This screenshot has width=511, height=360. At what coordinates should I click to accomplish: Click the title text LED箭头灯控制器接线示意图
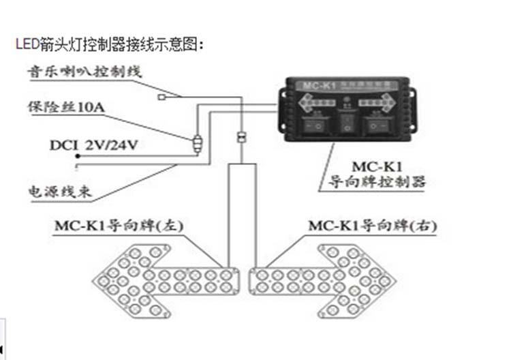(109, 45)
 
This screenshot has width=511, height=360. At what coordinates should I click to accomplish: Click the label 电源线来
(59, 192)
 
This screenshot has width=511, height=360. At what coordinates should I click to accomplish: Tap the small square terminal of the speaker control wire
(161, 97)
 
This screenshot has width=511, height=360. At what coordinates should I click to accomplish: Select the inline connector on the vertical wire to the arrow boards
(240, 136)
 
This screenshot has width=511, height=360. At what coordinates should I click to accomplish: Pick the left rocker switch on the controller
(314, 126)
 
